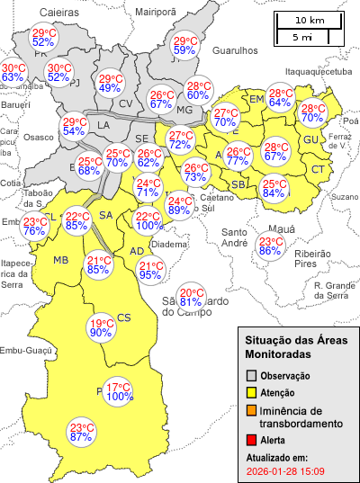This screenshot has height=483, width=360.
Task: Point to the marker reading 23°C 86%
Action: tap(270, 246)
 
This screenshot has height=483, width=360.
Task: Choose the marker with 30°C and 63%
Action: tap(13, 73)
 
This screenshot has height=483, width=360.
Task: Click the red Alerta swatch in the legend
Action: tap(252, 440)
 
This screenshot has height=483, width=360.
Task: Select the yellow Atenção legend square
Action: tap(252, 392)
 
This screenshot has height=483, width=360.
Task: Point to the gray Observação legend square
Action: tap(252, 375)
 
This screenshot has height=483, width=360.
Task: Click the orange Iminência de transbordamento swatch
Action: tap(252, 411)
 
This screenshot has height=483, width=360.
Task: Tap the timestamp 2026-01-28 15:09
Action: tap(285, 470)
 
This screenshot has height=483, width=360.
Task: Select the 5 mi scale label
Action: tap(302, 38)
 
